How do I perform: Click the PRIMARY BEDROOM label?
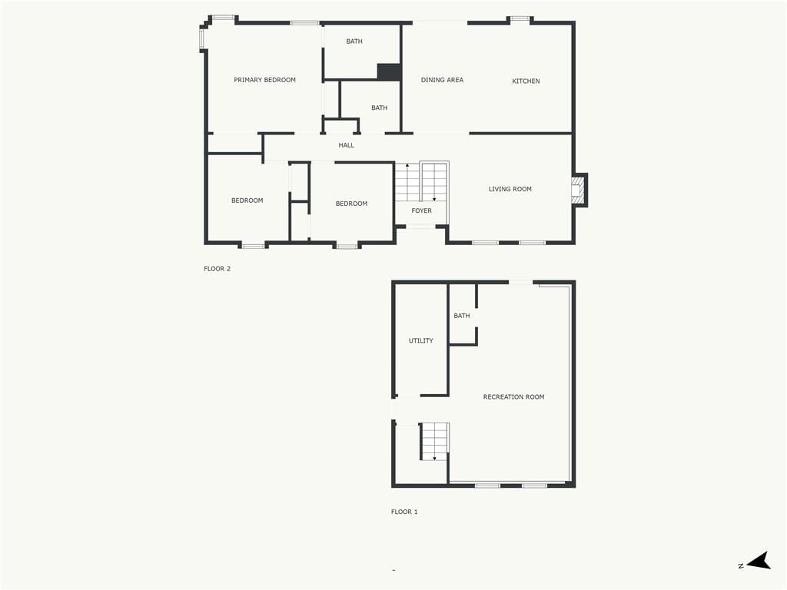click(264, 80)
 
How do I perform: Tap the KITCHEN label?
click(526, 81)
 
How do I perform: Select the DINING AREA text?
click(442, 80)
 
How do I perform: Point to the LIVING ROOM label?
click(510, 189)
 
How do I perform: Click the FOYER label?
click(422, 210)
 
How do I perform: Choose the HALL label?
click(347, 145)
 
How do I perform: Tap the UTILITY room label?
click(420, 340)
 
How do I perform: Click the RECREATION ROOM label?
click(514, 397)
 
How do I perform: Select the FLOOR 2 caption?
click(218, 269)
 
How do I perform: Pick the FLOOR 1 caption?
click(404, 512)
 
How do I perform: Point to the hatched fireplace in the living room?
click(579, 190)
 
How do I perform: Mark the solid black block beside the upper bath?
click(389, 71)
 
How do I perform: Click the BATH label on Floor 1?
click(462, 316)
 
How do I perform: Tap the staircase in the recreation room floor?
click(434, 442)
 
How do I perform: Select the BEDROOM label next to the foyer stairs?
click(351, 204)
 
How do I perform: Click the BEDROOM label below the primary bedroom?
click(247, 201)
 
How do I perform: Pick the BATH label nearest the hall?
click(380, 108)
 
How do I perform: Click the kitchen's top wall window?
click(520, 19)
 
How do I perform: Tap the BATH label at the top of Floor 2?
click(354, 41)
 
